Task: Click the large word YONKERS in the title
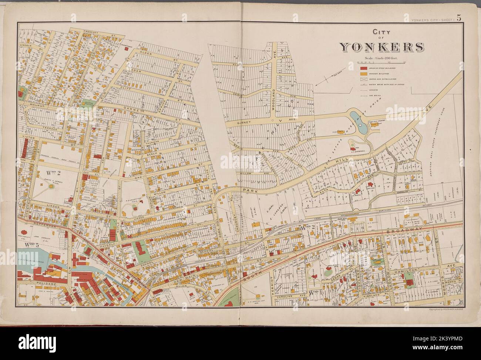[381, 47]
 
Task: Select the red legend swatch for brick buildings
[364, 68]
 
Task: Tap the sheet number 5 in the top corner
[459, 18]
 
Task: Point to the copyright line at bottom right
[446, 309]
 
